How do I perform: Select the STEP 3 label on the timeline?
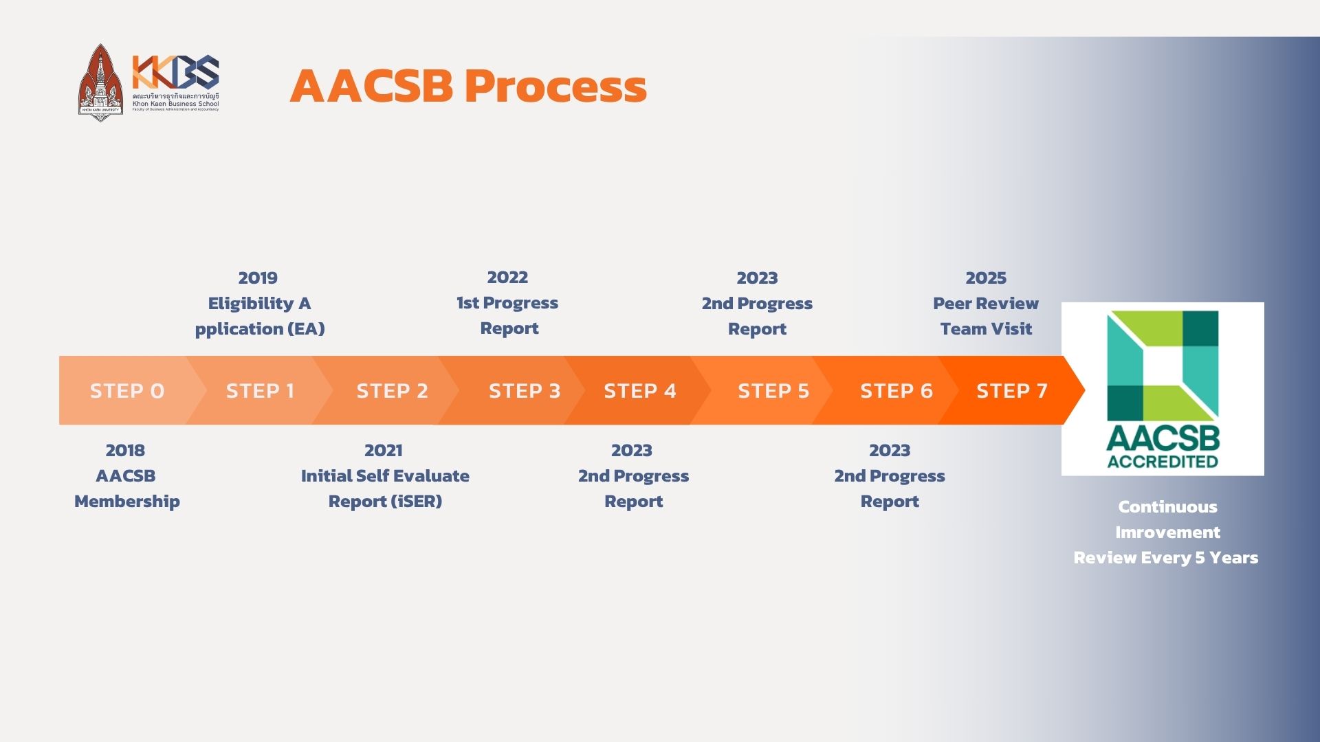click(525, 390)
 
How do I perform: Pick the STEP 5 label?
click(773, 390)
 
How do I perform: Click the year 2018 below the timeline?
click(125, 450)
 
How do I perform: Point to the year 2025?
click(985, 278)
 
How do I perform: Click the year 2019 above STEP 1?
click(258, 278)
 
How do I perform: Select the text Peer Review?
click(985, 303)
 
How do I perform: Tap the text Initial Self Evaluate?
click(385, 475)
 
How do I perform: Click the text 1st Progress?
click(507, 303)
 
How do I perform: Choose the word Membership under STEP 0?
click(127, 501)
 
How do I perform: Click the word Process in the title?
click(555, 86)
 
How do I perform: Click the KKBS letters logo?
click(176, 71)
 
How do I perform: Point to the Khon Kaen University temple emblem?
click(100, 82)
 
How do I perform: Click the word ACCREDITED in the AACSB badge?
click(1163, 462)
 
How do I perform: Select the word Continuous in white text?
click(1167, 506)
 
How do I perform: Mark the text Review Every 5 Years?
click(1166, 557)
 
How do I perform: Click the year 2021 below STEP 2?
click(383, 450)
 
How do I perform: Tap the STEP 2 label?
click(392, 390)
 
